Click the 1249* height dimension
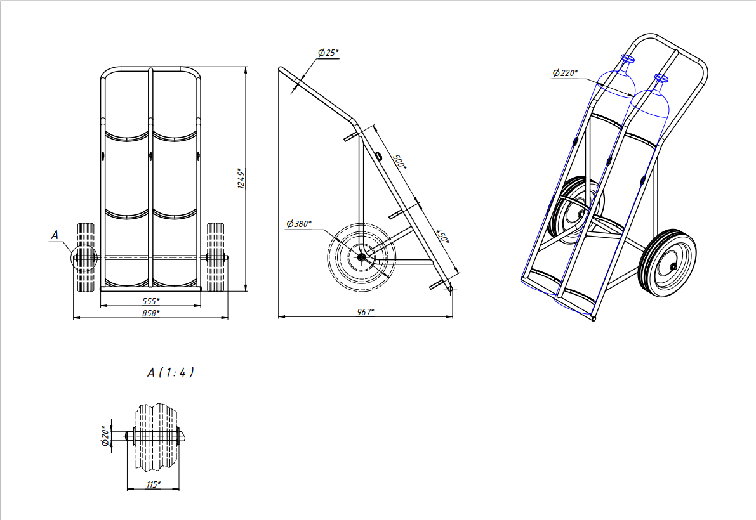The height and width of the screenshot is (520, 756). (242, 178)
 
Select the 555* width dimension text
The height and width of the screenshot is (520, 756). (151, 301)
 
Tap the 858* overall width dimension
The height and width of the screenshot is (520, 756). (151, 313)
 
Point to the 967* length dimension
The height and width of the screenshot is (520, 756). (366, 312)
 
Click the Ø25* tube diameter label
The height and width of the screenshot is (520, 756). (328, 53)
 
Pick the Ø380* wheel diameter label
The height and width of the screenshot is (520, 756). (299, 224)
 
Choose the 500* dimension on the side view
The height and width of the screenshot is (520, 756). (399, 162)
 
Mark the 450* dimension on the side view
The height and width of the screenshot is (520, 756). (442, 236)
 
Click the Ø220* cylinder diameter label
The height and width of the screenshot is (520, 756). (565, 73)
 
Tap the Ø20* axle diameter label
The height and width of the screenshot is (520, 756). (105, 435)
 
